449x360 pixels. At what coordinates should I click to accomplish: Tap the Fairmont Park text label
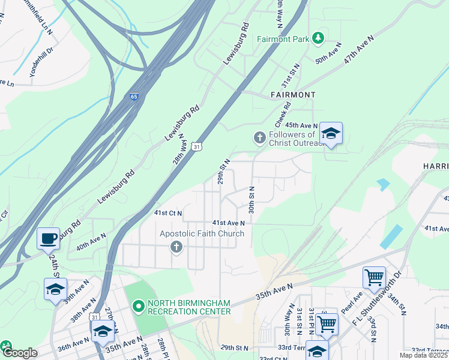[x=283, y=39]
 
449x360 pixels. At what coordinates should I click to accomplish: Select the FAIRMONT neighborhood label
[x=293, y=95]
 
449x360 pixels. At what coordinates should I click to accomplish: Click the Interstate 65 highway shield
[x=134, y=96]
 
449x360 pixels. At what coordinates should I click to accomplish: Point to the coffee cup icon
[x=48, y=238]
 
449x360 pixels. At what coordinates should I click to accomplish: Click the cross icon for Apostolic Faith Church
[x=176, y=247]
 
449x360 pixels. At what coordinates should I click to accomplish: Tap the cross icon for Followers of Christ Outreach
[x=260, y=139]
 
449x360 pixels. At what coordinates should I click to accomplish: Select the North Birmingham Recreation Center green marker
[x=138, y=307]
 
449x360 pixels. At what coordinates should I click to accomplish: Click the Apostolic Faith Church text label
[x=202, y=233]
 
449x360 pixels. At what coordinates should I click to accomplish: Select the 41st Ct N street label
[x=168, y=213]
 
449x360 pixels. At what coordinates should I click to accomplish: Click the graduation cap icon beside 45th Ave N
[x=330, y=133]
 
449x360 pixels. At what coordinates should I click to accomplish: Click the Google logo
[x=19, y=353]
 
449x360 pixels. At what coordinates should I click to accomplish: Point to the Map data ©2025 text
[x=424, y=355]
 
